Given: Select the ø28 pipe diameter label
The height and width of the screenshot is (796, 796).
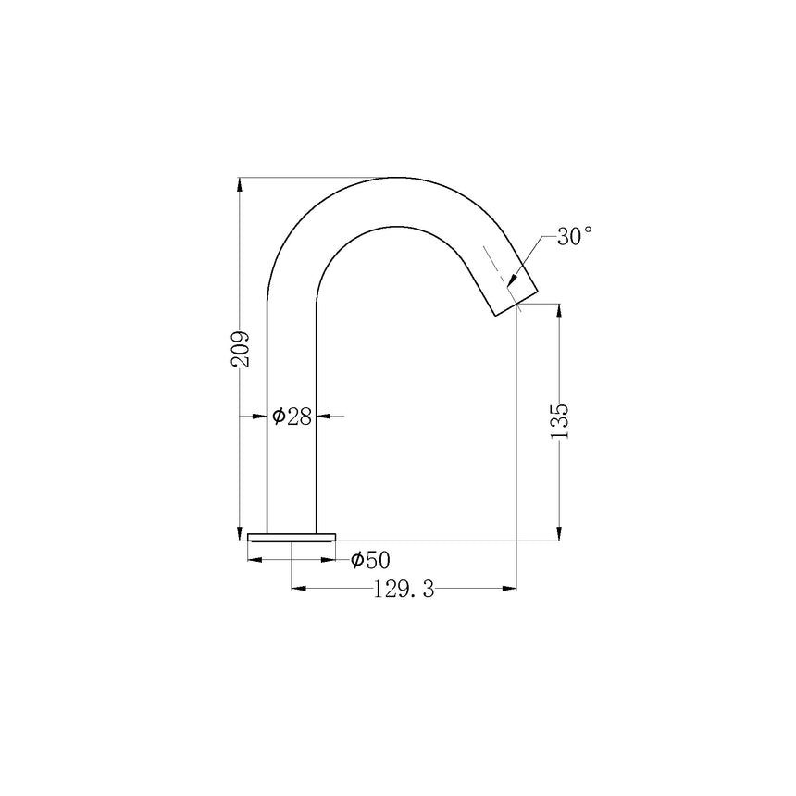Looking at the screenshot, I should point(292,417).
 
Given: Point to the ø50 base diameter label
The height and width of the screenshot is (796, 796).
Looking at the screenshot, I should point(370,560).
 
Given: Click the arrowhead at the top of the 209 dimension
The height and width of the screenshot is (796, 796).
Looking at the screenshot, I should point(241,183).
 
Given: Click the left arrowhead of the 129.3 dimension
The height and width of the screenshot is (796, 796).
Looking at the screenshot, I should point(299,587).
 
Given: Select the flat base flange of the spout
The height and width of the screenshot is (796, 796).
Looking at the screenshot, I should point(292,537).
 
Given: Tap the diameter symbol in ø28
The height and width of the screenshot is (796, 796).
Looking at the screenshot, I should point(278,417).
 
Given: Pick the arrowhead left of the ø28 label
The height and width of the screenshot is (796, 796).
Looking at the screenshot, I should point(260,417).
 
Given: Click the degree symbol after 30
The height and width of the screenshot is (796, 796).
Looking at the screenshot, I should point(587,230).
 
